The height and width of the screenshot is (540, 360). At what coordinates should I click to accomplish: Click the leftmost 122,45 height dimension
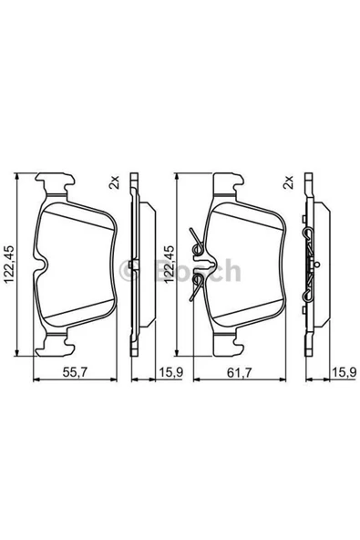pyautogui.click(x=9, y=265)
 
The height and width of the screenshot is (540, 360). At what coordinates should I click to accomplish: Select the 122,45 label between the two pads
pyautogui.click(x=166, y=265)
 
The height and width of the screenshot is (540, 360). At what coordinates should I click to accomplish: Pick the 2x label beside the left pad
pyautogui.click(x=114, y=181)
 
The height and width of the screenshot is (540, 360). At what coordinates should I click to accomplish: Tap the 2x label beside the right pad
pyautogui.click(x=289, y=181)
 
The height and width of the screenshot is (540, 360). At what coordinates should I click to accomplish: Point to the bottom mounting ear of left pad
pyautogui.click(x=60, y=345)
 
